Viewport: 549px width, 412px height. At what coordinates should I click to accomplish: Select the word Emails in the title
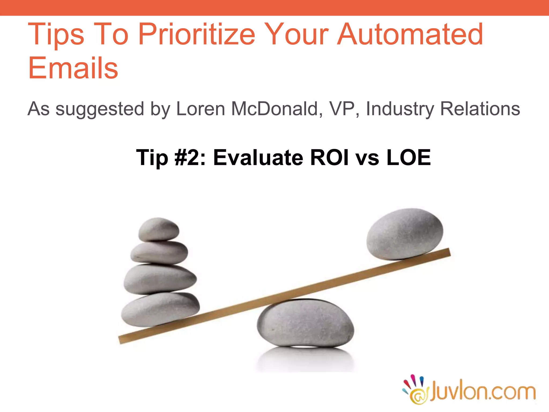coord(73,68)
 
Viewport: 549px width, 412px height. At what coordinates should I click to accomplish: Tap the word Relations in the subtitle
coord(480,109)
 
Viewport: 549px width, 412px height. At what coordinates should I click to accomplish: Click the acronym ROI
coord(329,157)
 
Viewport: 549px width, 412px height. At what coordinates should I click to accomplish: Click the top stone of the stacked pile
coord(159,229)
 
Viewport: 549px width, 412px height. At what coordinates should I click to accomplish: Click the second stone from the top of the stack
coord(159,252)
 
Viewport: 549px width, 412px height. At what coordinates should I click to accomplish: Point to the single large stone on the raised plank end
coord(405,233)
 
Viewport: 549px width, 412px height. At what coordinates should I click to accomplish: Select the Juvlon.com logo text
coord(483,392)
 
